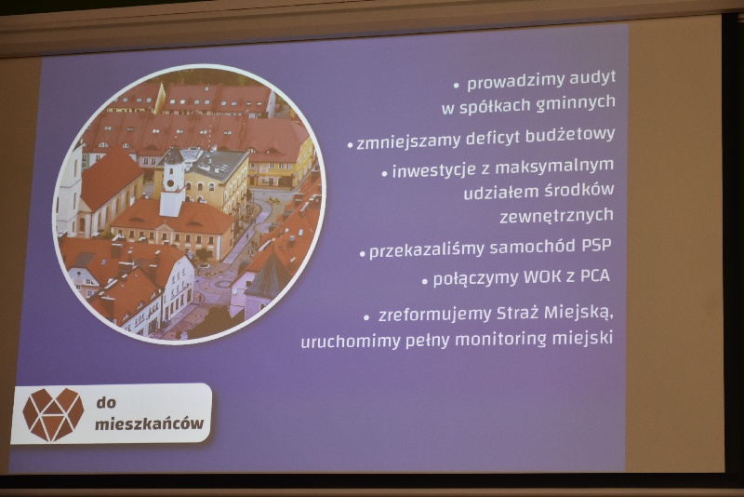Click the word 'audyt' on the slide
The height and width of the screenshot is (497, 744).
point(592,78)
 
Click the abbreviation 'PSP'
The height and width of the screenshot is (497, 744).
point(596,245)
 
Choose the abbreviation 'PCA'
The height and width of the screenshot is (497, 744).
point(595,275)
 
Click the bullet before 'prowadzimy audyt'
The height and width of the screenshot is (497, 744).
point(457,86)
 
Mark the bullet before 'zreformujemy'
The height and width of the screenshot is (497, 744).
point(366,317)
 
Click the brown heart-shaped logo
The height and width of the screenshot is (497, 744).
point(53,414)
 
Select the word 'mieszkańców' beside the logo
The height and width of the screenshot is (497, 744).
point(150,423)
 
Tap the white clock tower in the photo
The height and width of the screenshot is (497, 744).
point(172,181)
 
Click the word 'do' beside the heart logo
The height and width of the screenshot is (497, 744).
point(106,403)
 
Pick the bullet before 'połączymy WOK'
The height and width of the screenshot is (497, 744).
point(425,281)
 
